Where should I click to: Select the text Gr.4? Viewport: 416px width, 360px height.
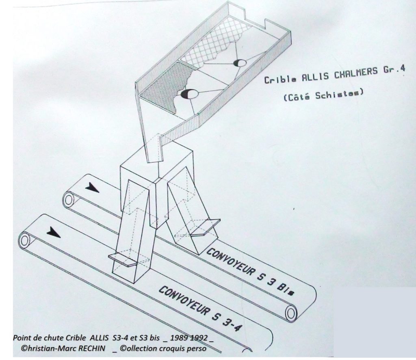[x=394, y=69]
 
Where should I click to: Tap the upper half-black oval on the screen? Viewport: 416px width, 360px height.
[x=240, y=63]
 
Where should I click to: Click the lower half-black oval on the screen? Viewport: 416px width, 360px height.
[x=189, y=94]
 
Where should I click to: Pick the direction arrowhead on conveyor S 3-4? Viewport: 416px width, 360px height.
[x=54, y=232]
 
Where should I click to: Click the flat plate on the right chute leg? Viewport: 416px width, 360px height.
[x=205, y=227]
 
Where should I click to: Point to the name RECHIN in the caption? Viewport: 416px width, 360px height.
[x=90, y=348]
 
